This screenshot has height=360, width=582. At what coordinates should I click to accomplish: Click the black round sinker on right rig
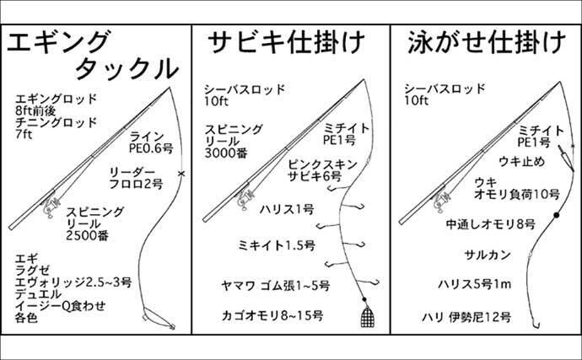click(x=557, y=216)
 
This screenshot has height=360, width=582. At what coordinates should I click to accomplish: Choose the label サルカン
click(x=484, y=254)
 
